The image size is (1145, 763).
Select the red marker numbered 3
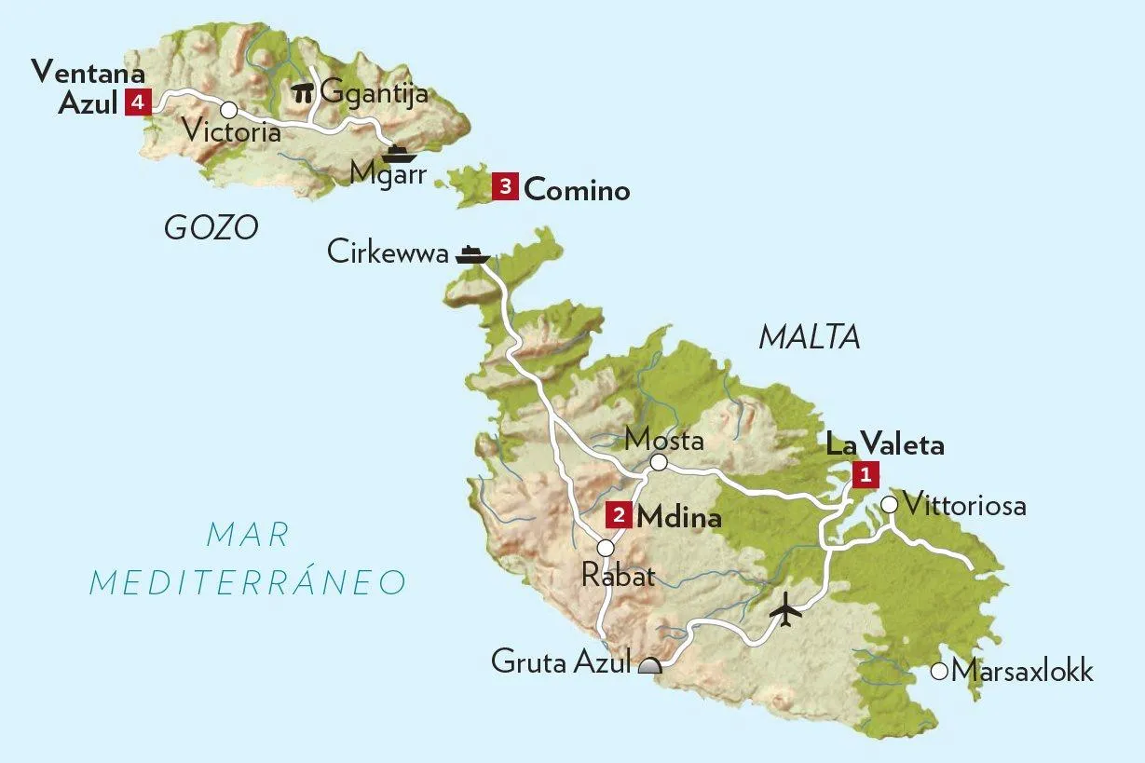click(x=504, y=187)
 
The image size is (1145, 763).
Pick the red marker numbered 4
click(x=137, y=102)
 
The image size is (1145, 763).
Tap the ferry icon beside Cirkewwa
click(x=472, y=254)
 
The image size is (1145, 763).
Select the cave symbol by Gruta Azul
click(x=649, y=664)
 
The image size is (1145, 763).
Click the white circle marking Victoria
click(x=227, y=109)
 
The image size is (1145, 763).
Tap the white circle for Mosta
click(x=659, y=462)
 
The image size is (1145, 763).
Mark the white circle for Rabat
click(x=606, y=548)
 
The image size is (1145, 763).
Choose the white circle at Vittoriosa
click(x=889, y=505)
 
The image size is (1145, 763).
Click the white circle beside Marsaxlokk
click(x=939, y=671)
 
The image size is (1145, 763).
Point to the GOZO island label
click(x=211, y=227)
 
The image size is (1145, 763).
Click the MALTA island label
click(x=809, y=337)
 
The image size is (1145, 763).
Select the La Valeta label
click(x=885, y=445)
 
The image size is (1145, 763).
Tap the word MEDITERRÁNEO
click(x=248, y=582)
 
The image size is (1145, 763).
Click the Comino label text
click(x=577, y=191)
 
